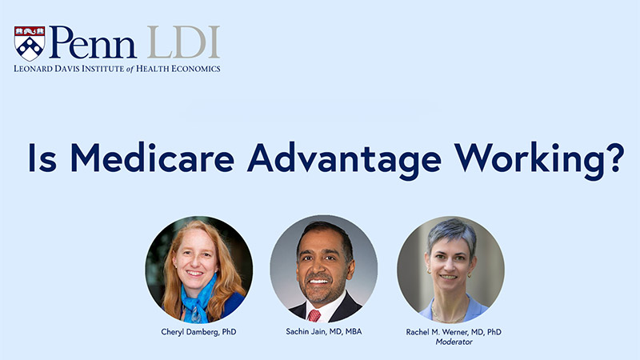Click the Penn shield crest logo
pyautogui.click(x=30, y=43)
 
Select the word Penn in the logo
pyautogui.click(x=93, y=42)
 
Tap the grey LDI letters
pyautogui.click(x=183, y=42)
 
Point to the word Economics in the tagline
pyautogui.click(x=195, y=69)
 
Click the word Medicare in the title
pyautogui.click(x=153, y=157)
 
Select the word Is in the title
pyautogui.click(x=42, y=158)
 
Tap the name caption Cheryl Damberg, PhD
pyautogui.click(x=198, y=332)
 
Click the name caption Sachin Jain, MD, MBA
pyautogui.click(x=324, y=331)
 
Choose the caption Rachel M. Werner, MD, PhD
pyautogui.click(x=454, y=332)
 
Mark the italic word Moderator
pyautogui.click(x=454, y=342)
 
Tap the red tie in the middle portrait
pyautogui.click(x=314, y=315)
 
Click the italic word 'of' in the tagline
pyautogui.click(x=130, y=69)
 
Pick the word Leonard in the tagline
pyautogui.click(x=34, y=69)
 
